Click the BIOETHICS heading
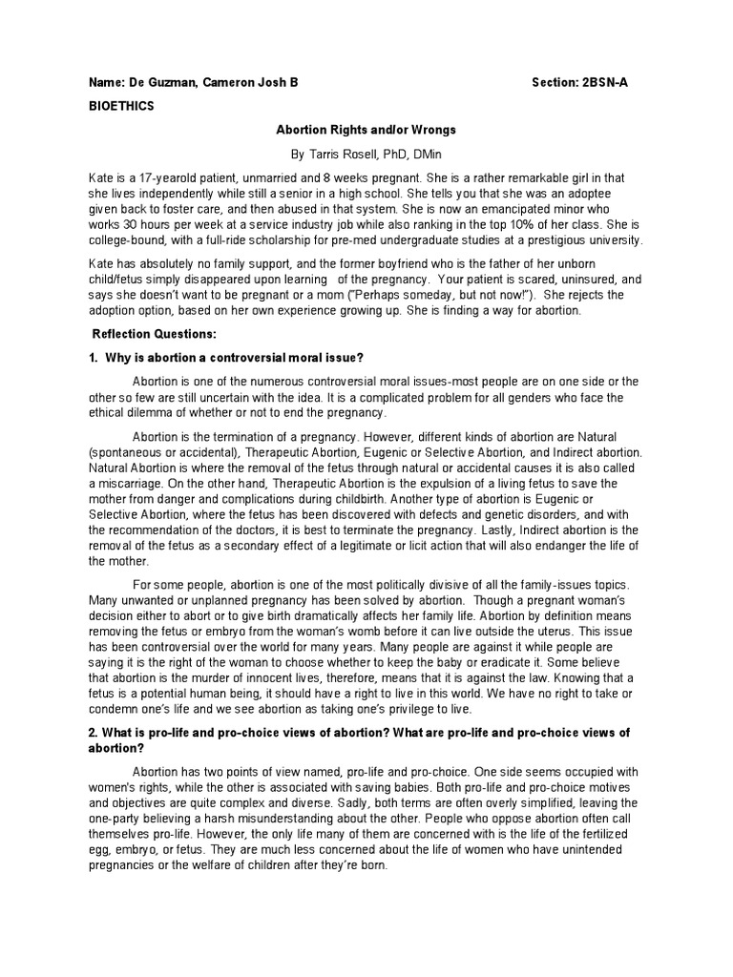click(121, 107)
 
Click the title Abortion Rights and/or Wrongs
click(366, 131)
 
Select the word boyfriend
click(425, 265)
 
